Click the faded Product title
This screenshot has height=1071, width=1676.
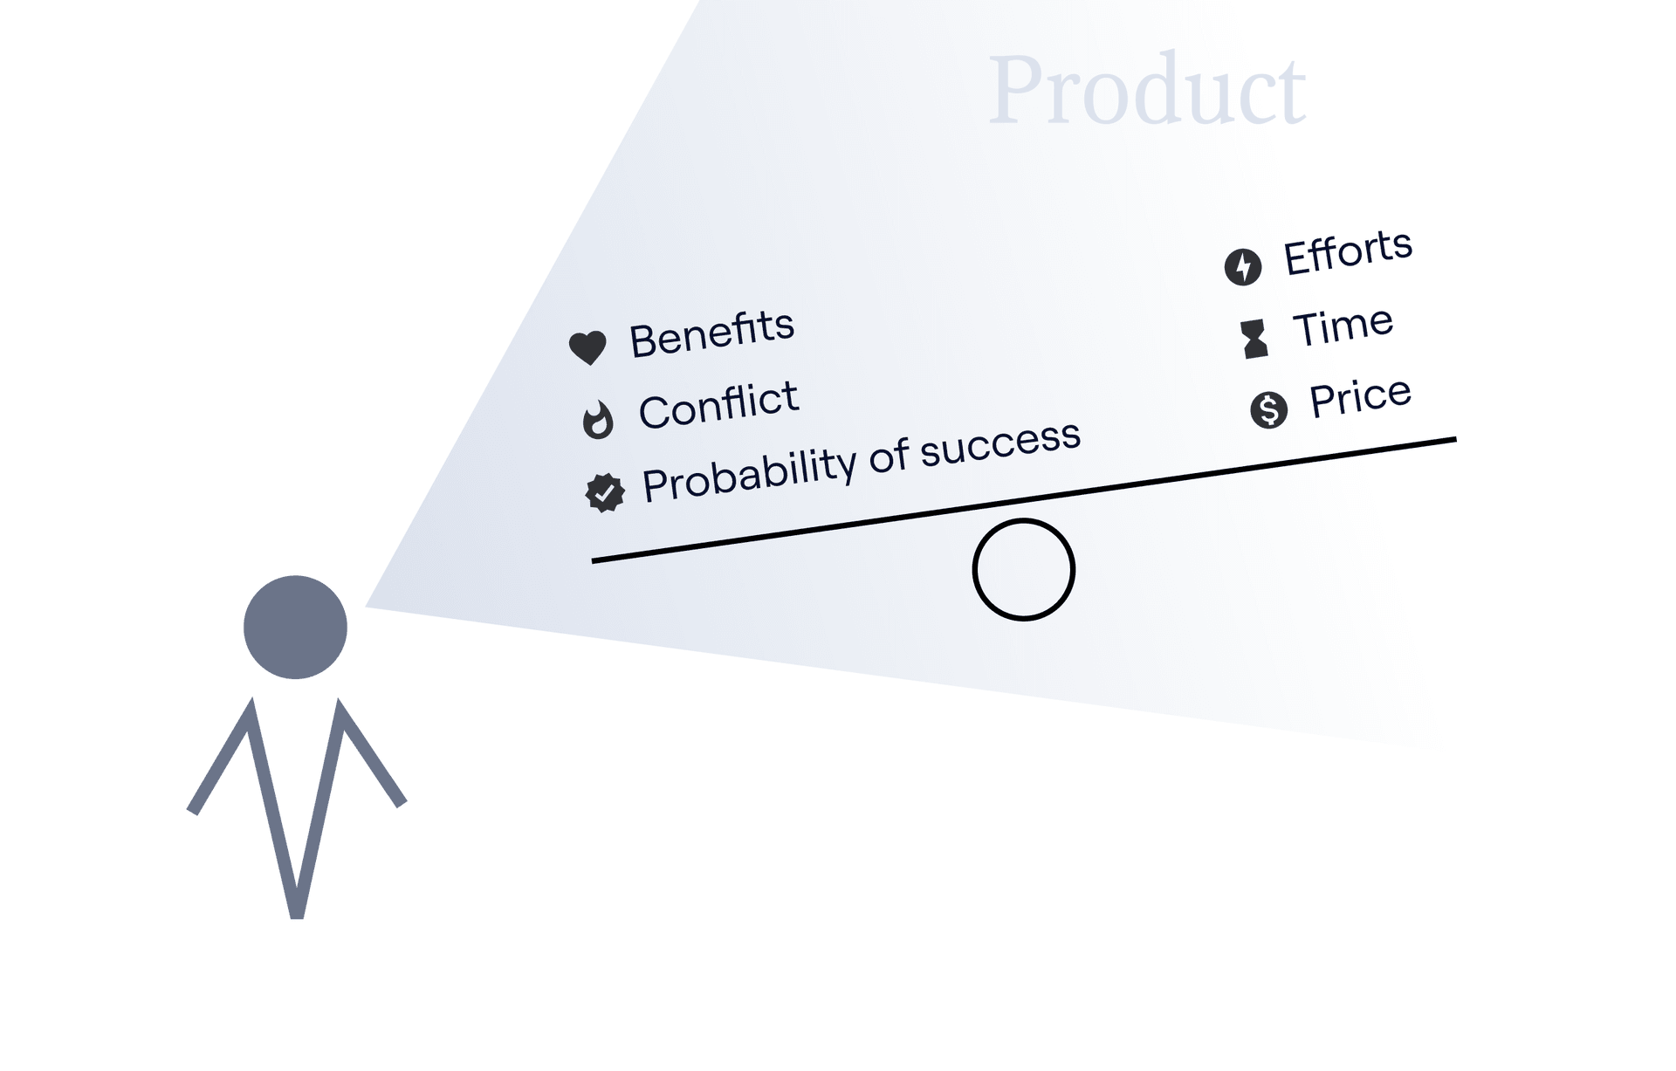[1147, 89]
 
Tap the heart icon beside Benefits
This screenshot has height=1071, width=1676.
[587, 347]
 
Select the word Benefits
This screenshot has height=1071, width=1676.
[711, 333]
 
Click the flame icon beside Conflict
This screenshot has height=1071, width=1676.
[598, 419]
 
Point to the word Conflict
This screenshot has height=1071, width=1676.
[718, 405]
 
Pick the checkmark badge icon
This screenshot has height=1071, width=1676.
[605, 493]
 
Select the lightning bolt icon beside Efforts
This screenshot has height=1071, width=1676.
[1243, 266]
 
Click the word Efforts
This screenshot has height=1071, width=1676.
[1348, 252]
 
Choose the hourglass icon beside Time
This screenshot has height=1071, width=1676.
[1254, 339]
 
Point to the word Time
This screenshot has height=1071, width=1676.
[1343, 326]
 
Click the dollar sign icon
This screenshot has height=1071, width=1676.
[1268, 409]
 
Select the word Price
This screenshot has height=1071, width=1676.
[1360, 398]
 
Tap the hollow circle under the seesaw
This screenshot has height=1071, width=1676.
[1024, 520]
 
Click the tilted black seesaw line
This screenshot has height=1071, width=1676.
[1024, 500]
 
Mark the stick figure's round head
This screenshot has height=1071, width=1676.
[295, 627]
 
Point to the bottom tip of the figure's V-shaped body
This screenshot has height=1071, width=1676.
[297, 917]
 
